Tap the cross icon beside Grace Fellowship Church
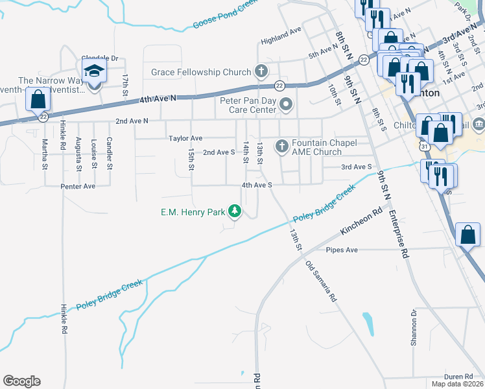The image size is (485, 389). (261, 71)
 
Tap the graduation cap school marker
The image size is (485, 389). (94, 71)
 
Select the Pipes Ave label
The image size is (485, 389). (342, 250)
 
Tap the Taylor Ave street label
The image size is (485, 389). (185, 139)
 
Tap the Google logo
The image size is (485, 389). (21, 381)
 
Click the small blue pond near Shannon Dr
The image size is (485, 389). (368, 322)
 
